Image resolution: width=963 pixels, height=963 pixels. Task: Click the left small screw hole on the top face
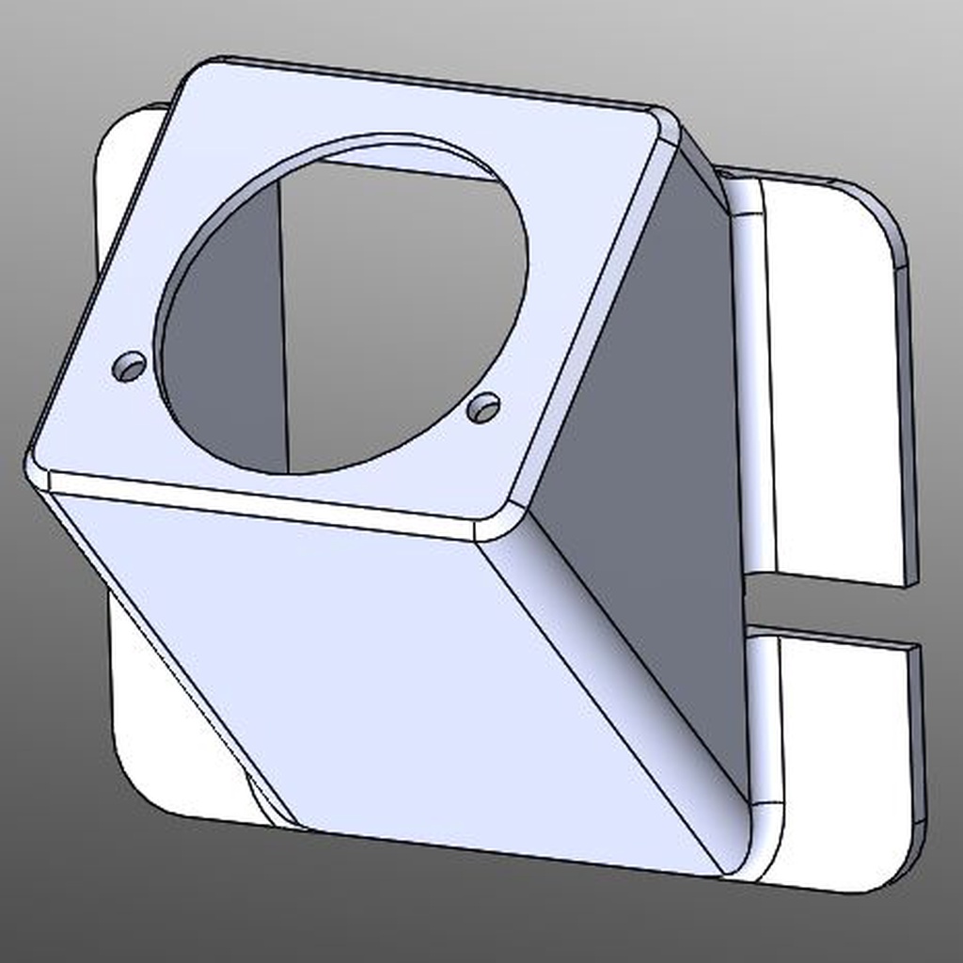click(130, 367)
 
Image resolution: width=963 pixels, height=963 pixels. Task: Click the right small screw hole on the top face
click(483, 407)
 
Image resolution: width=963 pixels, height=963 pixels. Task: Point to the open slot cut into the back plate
click(828, 608)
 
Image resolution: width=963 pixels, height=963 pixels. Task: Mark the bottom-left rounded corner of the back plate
click(141, 785)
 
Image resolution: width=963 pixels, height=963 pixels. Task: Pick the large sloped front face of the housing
click(376, 677)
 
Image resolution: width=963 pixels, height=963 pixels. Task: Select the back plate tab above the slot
click(828, 376)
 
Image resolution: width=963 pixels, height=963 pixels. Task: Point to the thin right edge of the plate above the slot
click(908, 423)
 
